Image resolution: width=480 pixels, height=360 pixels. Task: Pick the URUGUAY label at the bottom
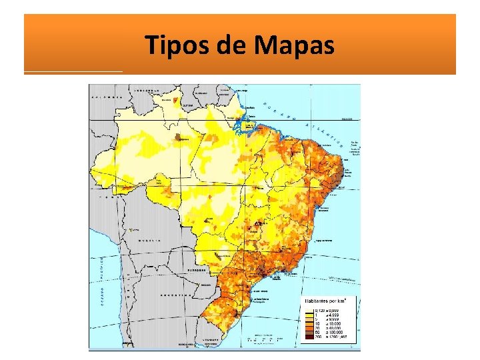point(209,340)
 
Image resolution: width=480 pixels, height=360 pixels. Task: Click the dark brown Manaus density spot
point(179,138)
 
